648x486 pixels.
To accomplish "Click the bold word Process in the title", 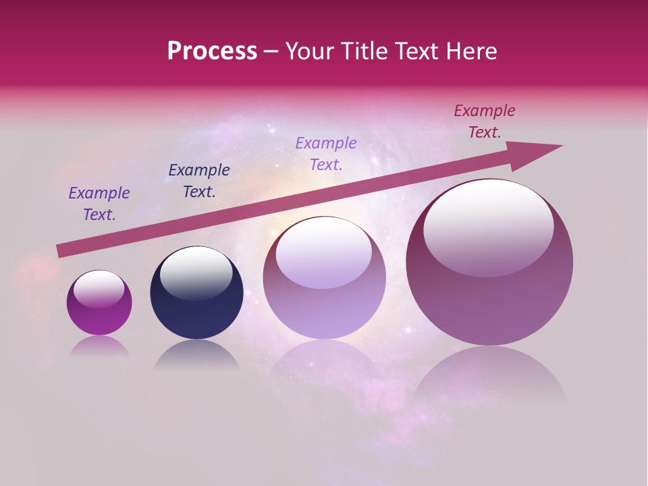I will click(x=212, y=51).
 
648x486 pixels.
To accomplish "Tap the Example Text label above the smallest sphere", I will click(x=99, y=204).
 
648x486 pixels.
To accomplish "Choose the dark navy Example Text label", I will click(x=198, y=181).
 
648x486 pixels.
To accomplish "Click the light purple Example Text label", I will click(x=326, y=153).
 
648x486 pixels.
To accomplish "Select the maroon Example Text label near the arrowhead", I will click(x=484, y=122).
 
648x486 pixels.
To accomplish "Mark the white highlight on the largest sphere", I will click(x=489, y=226).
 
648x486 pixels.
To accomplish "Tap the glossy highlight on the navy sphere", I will click(x=196, y=272).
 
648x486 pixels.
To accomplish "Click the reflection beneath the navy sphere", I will click(x=196, y=355).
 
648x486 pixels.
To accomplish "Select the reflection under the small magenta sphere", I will click(x=99, y=346).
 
